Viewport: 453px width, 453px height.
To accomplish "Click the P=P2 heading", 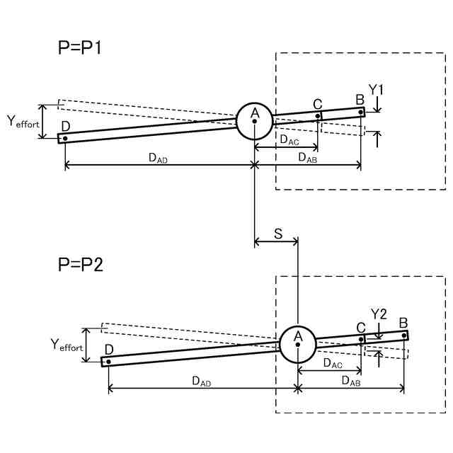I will [x=81, y=265].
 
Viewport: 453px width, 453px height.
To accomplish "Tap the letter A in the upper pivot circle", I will [x=256, y=113].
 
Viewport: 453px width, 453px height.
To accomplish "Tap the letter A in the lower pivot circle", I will [x=298, y=335].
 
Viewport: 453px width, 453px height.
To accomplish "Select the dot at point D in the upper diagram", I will [x=65, y=138].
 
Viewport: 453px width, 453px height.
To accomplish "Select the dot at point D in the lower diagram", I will [x=109, y=362].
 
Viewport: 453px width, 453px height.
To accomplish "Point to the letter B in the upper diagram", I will [x=360, y=99].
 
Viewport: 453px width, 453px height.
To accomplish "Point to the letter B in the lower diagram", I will [x=403, y=323].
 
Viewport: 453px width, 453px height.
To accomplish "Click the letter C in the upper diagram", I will [x=318, y=105].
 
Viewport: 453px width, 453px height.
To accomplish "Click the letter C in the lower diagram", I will [x=361, y=328].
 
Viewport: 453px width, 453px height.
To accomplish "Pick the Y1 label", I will [x=377, y=90].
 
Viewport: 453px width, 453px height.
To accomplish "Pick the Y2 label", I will [x=379, y=314].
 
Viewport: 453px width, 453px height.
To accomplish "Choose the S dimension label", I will [x=277, y=233].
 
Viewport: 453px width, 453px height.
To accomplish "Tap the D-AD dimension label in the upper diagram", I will [x=158, y=158].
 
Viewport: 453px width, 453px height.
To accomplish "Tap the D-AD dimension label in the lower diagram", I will [x=202, y=381].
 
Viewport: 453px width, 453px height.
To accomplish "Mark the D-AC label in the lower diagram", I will [x=333, y=363].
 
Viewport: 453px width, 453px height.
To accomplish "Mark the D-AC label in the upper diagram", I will [x=289, y=140].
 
